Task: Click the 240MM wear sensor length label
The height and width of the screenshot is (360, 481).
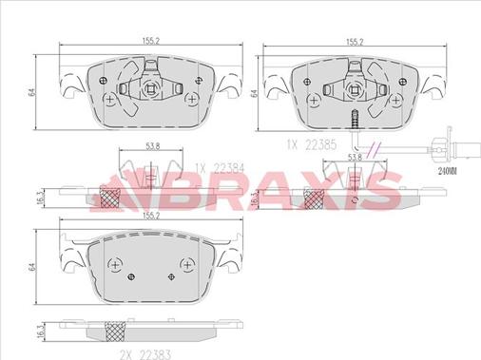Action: tap(448, 172)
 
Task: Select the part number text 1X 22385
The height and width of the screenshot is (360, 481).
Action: tap(312, 144)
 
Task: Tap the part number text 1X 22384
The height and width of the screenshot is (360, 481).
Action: tap(220, 168)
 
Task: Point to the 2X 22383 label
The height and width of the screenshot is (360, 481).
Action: tap(145, 354)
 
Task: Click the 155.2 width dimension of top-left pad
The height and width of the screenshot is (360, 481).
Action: tap(150, 41)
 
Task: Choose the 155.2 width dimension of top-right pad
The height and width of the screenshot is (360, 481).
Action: tap(355, 42)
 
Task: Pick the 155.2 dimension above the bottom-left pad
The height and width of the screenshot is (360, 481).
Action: tap(150, 216)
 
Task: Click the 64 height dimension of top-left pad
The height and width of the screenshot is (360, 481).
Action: tap(31, 92)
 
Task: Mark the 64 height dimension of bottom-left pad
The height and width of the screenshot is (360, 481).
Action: tap(31, 267)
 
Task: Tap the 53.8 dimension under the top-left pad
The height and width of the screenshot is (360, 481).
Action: tap(152, 146)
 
